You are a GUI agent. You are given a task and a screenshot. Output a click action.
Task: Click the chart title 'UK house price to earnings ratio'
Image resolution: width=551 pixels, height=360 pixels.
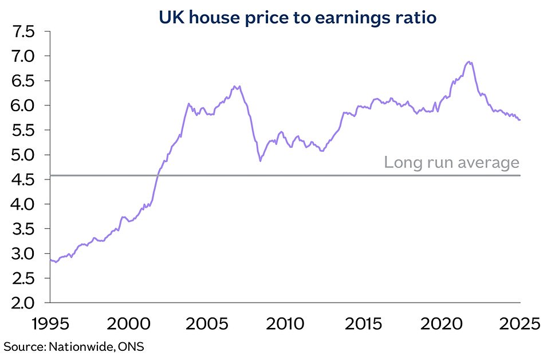pyautogui.click(x=297, y=18)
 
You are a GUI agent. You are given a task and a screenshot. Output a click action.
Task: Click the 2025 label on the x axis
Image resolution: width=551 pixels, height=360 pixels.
pyautogui.click(x=519, y=324)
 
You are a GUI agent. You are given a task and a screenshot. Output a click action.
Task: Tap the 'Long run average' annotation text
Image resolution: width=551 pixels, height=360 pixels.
pyautogui.click(x=451, y=163)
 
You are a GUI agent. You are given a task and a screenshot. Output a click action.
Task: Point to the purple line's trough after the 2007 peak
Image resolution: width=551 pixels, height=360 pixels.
pyautogui.click(x=261, y=161)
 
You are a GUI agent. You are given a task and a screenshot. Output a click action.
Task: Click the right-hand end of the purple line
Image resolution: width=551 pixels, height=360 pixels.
pyautogui.click(x=520, y=120)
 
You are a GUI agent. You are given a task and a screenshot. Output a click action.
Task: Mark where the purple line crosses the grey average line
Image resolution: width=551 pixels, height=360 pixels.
pyautogui.click(x=158, y=175)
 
